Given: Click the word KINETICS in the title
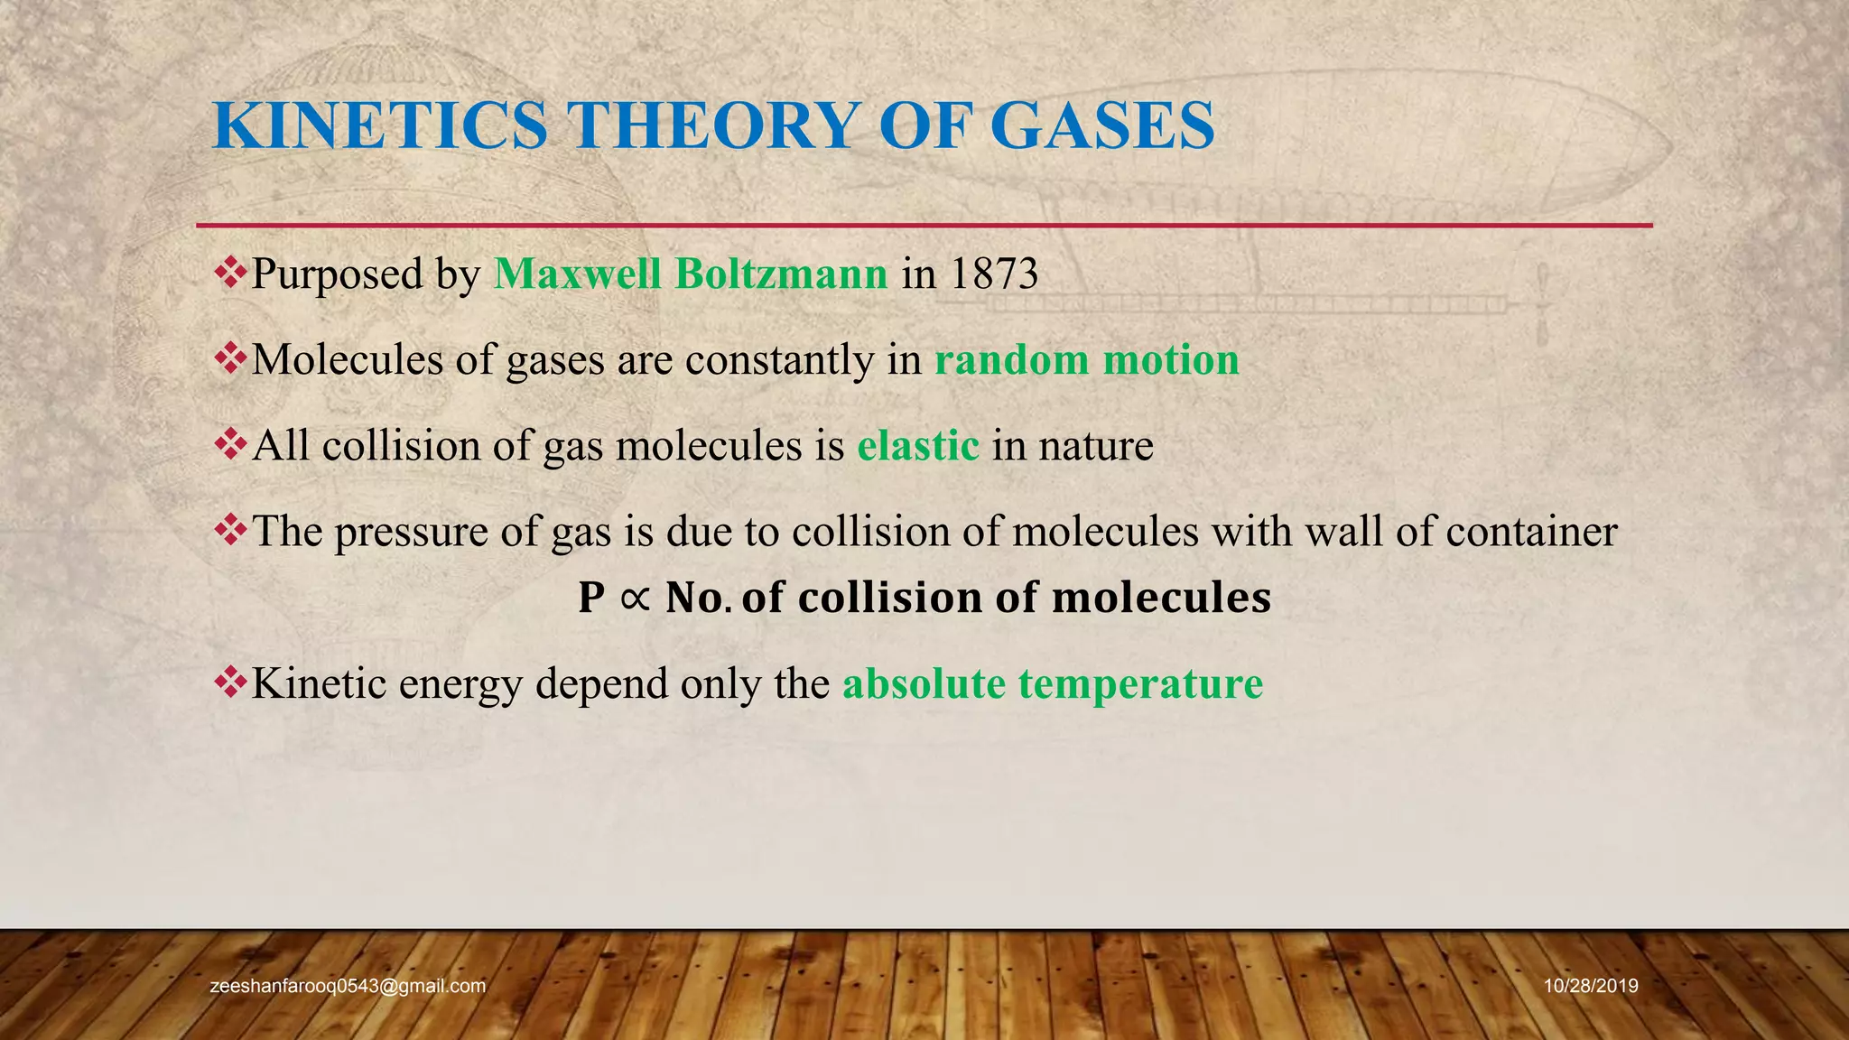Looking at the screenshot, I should [x=380, y=125].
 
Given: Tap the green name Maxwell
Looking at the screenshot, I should [x=578, y=274].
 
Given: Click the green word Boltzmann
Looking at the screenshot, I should [x=781, y=274].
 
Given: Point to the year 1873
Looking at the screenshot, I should [x=994, y=274].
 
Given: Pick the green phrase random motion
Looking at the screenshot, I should [x=1086, y=360].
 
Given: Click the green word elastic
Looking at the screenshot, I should [x=917, y=446].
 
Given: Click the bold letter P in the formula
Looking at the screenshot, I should [x=591, y=598].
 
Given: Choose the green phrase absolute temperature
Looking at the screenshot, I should [x=1052, y=683].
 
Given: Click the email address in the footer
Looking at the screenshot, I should [x=348, y=986].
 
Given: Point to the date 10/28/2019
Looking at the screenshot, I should [x=1591, y=986].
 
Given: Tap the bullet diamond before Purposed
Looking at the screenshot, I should [x=230, y=273].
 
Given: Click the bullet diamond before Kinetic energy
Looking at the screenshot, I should [x=230, y=682].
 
